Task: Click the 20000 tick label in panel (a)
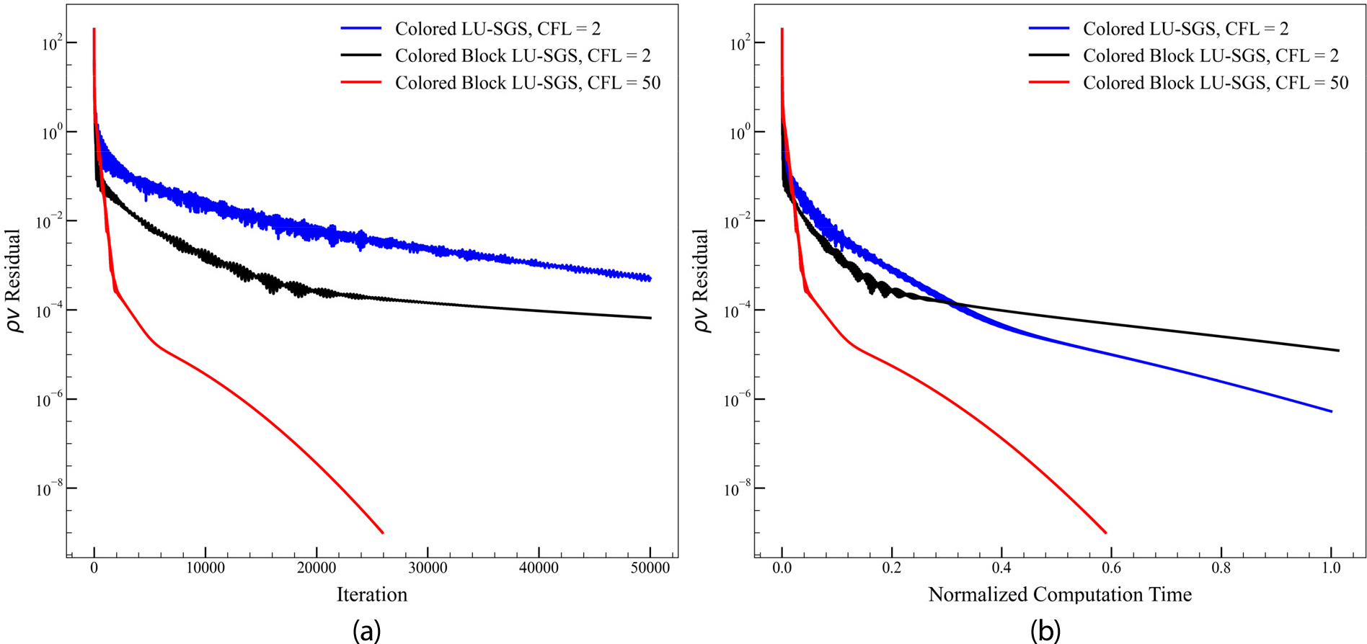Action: [x=317, y=568]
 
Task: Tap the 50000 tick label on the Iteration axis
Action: [x=650, y=568]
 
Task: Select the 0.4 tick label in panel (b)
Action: [x=1001, y=568]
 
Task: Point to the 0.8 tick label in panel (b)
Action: [x=1221, y=568]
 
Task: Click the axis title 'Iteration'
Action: [x=371, y=594]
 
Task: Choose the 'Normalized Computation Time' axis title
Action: [x=1059, y=594]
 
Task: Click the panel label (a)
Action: [x=366, y=631]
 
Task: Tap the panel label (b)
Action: [x=1045, y=631]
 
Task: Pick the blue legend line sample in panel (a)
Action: [x=360, y=29]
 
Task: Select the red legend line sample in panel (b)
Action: [x=1048, y=83]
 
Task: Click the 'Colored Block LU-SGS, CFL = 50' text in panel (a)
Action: [x=528, y=83]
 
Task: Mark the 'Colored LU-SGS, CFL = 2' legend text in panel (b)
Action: [x=1185, y=29]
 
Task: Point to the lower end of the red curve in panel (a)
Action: [x=382, y=533]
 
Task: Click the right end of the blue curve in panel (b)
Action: [x=1331, y=411]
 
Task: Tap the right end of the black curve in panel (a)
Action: [x=650, y=318]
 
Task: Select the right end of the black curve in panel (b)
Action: [x=1338, y=351]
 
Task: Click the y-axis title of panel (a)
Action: [x=14, y=281]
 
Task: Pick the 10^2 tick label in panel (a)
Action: [x=49, y=43]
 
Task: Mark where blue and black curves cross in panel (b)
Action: [x=950, y=303]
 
